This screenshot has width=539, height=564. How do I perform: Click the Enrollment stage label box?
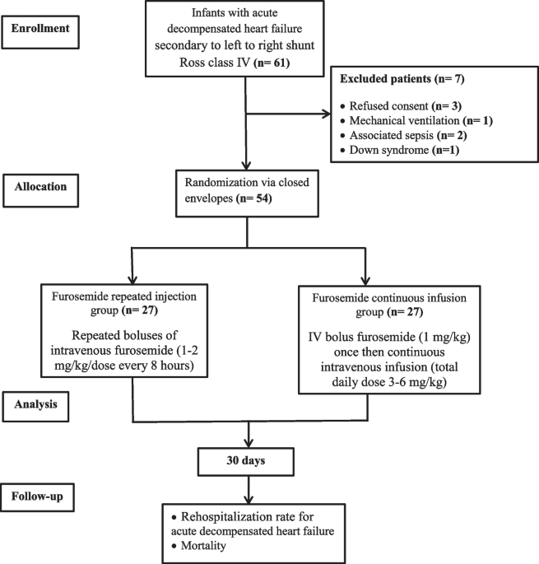pos(40,32)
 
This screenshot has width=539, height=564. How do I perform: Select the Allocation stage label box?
pos(40,191)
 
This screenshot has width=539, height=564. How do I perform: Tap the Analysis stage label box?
pos(35,407)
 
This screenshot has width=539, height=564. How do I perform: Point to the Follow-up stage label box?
pos(37,497)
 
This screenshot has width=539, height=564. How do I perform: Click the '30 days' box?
pos(246,462)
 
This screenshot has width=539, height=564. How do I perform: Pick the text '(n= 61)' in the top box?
pos(272,63)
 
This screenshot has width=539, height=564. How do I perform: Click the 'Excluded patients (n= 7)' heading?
pos(402,79)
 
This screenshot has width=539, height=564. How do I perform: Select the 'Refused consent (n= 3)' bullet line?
pos(401,106)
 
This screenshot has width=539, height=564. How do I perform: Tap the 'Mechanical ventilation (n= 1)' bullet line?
pos(416,120)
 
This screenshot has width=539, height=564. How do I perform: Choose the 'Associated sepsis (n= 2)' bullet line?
pos(403,135)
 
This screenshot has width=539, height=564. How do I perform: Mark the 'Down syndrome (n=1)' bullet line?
pos(400,150)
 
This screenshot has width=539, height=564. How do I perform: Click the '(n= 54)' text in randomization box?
pos(253,198)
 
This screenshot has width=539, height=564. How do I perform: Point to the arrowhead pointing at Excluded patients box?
pos(327,114)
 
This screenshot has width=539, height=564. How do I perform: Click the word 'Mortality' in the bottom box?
pos(203,546)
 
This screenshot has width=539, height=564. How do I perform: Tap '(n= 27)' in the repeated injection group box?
pos(140,310)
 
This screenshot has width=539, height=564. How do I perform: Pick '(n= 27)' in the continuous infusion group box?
pos(405,312)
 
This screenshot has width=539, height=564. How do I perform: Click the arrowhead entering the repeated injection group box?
pos(132,279)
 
